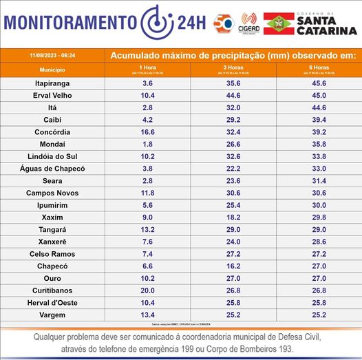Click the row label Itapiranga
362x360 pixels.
[53, 83]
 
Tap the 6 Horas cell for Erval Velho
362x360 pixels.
[320, 95]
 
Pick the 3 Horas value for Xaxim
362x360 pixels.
[234, 218]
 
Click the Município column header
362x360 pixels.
[53, 70]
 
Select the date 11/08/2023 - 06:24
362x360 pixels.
[53, 54]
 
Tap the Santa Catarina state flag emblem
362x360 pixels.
[278, 24]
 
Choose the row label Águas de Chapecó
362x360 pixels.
[53, 169]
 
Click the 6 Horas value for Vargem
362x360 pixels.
[320, 315]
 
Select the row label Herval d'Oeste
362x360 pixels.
[53, 303]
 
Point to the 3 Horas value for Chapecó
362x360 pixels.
[234, 266]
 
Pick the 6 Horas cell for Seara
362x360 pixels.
[320, 180]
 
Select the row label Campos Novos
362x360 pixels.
[53, 193]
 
